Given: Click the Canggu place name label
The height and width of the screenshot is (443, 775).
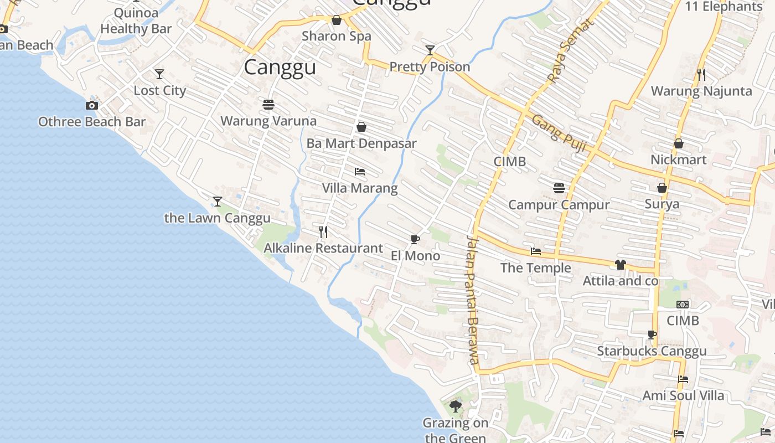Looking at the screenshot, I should [280, 68].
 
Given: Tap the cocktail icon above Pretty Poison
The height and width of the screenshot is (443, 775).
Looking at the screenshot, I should [430, 50].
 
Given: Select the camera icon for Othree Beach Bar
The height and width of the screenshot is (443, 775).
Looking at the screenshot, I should [92, 105].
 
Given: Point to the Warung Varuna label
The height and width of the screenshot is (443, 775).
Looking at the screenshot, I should [268, 121].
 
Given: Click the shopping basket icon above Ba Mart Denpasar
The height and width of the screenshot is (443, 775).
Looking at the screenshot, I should [361, 127].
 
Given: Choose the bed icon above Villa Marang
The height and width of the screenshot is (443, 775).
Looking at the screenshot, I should [360, 172].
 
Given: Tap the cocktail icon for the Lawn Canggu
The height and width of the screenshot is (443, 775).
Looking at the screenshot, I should [218, 201].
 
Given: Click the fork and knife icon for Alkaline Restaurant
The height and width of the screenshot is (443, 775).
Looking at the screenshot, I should [323, 231].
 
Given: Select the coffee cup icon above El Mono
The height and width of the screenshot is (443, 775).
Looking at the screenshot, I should [415, 239].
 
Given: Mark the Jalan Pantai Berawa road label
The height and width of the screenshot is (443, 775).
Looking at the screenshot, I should [472, 299].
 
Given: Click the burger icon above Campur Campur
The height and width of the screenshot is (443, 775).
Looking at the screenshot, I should [559, 188].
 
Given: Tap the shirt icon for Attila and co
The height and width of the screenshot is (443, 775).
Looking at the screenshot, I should [620, 265].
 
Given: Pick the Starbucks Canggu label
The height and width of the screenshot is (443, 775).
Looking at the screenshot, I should [652, 351].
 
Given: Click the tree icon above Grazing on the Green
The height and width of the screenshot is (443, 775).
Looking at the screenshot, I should [456, 406].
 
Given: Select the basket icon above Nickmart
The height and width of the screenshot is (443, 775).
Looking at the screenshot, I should [679, 143].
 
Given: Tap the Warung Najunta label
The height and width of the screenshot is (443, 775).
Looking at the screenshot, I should [701, 91].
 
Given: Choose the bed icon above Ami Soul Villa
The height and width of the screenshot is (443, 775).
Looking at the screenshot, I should [683, 379].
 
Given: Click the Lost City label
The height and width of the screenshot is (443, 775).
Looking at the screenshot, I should [160, 90].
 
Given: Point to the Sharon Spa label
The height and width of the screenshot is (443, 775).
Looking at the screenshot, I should [337, 36].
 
